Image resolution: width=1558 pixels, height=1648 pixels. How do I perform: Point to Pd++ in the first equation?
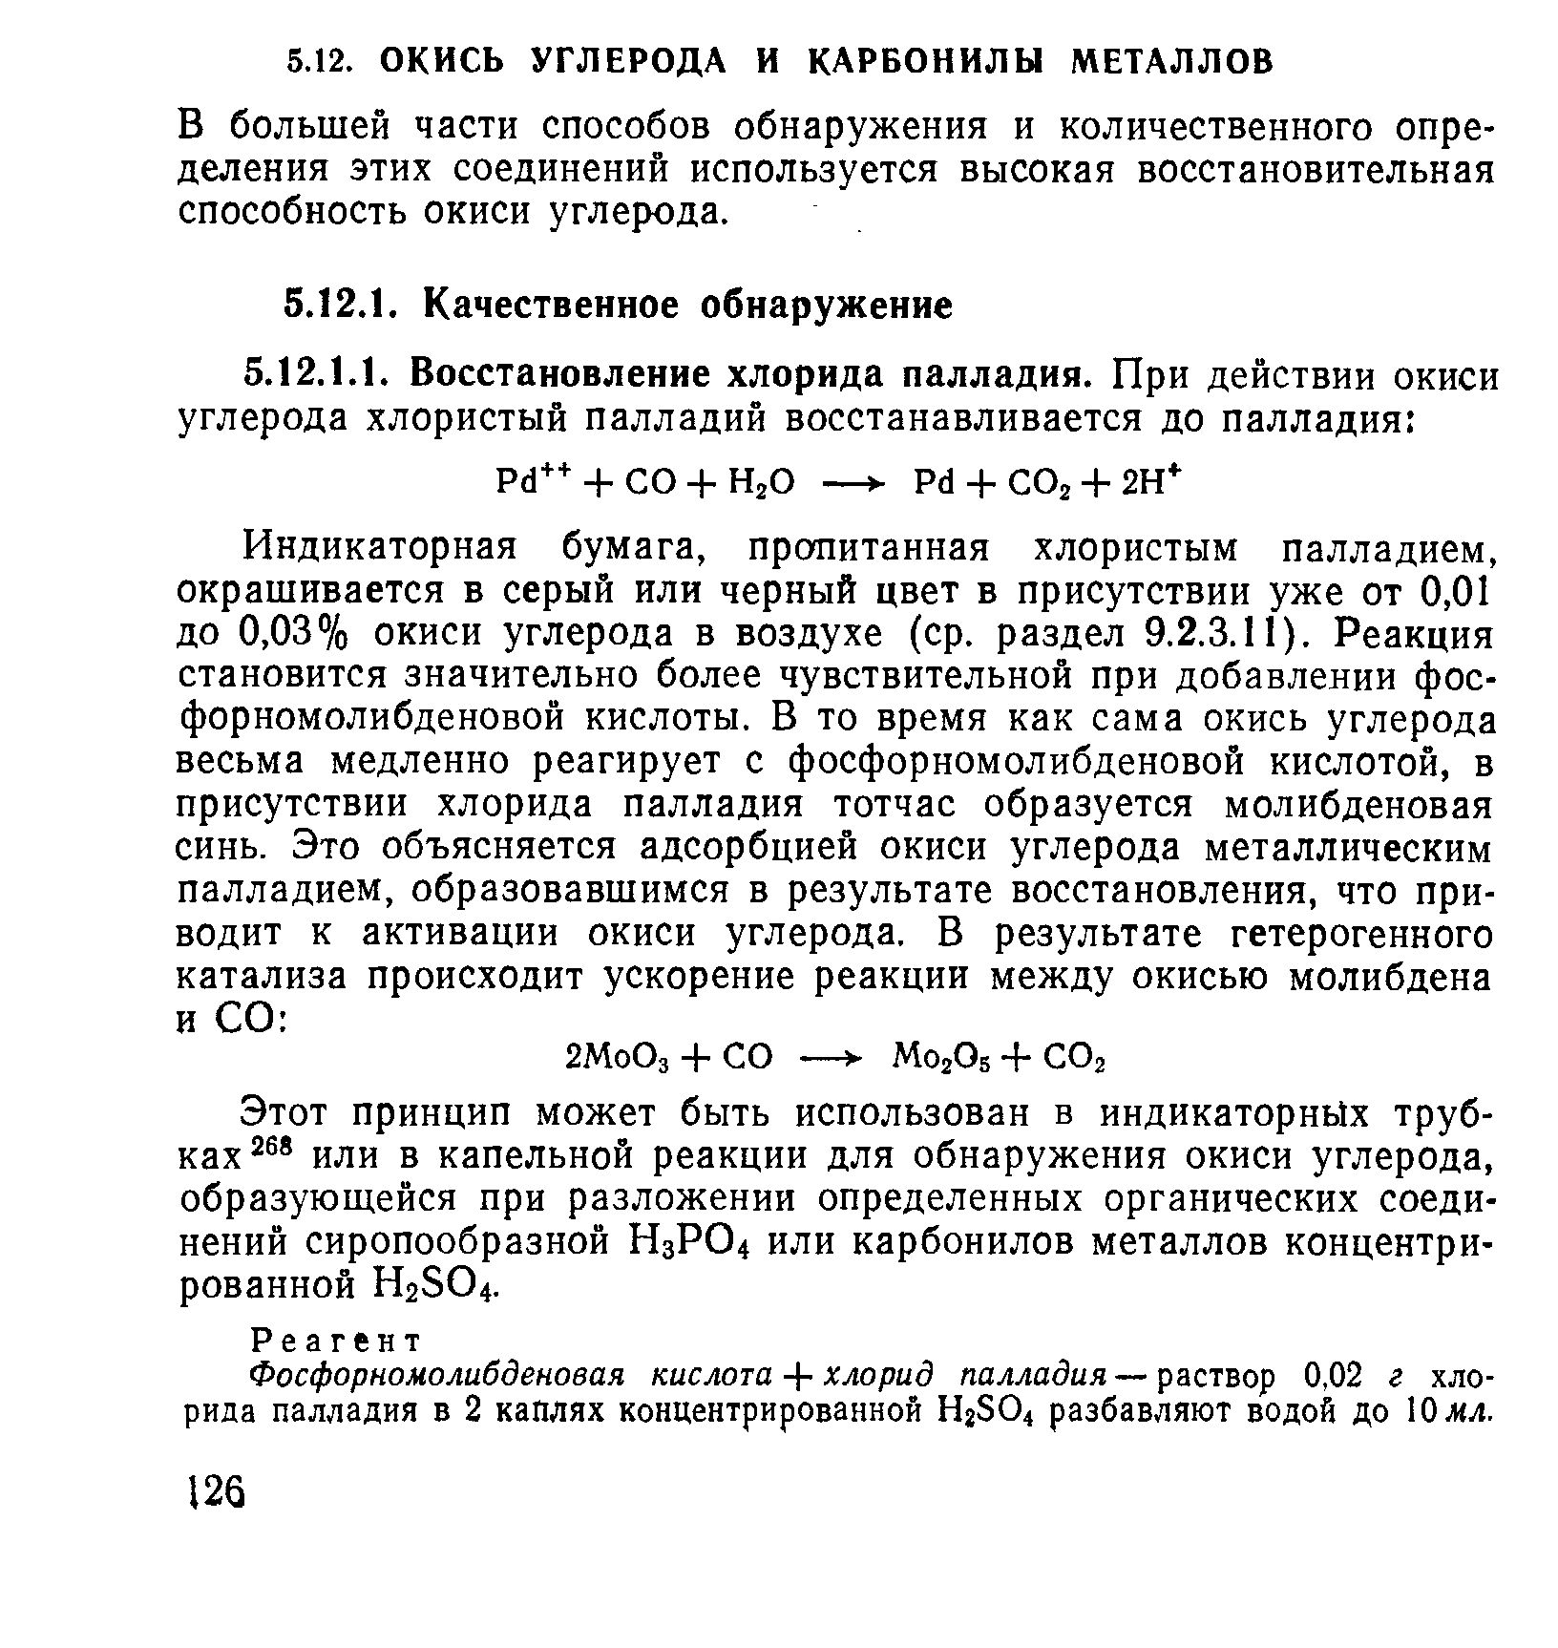point(524,480)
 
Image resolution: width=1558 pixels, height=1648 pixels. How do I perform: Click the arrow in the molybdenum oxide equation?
point(830,1059)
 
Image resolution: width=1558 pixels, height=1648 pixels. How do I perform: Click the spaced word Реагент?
point(334,1340)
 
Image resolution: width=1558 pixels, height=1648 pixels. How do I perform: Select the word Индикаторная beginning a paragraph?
point(381,549)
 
